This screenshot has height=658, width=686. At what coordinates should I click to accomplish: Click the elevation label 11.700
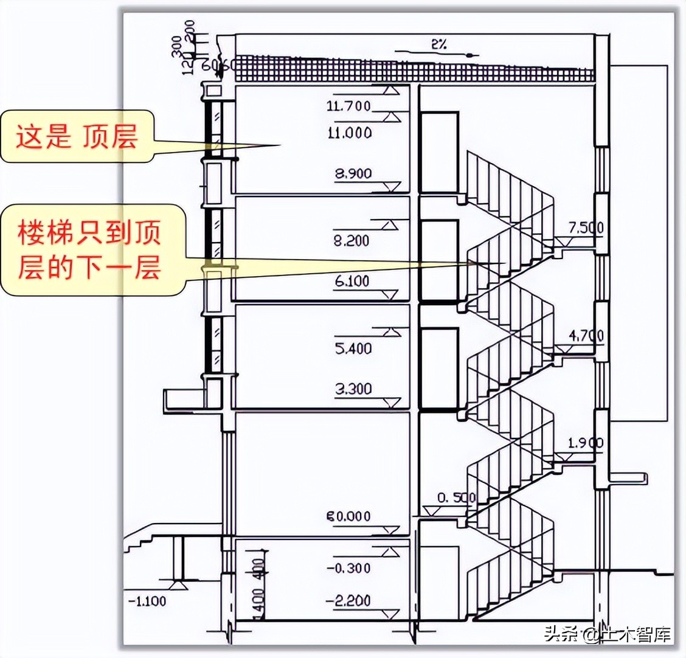[x=348, y=106]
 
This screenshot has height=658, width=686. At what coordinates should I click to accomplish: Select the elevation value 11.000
[x=349, y=133]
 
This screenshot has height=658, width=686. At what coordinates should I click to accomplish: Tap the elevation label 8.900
[x=353, y=174]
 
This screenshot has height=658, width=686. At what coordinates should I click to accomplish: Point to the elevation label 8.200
[x=352, y=241]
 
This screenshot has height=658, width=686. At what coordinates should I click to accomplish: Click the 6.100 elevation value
[x=352, y=282]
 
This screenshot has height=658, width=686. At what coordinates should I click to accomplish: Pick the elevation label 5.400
[x=353, y=349]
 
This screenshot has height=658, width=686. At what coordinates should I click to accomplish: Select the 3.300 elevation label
[x=353, y=389]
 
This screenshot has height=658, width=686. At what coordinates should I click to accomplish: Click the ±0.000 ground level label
[x=348, y=516]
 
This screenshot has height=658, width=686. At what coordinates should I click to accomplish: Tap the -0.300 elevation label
[x=348, y=568]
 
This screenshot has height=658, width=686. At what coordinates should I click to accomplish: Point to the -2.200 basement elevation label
[x=348, y=601]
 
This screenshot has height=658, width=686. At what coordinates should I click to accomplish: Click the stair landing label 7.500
[x=586, y=228]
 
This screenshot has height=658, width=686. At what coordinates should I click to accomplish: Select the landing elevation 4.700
[x=586, y=336]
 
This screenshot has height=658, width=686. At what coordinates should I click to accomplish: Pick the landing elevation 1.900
[x=585, y=443]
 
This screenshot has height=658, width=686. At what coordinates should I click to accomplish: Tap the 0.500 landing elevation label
[x=457, y=497]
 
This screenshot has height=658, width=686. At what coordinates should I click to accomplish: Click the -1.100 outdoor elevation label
[x=147, y=601]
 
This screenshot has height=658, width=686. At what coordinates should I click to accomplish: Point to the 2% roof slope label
[x=438, y=44]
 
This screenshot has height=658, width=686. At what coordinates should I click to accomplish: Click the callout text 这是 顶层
[x=77, y=136]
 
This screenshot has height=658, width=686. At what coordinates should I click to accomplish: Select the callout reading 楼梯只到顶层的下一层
[x=89, y=250]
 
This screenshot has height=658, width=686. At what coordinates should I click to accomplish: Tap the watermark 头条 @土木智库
[x=608, y=634]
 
